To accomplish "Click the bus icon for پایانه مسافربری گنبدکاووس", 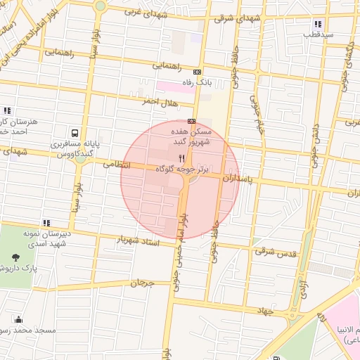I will (x=74, y=132).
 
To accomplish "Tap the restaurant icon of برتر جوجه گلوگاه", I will (x=182, y=158).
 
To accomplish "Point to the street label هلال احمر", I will (x=160, y=103).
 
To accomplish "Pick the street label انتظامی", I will (x=117, y=165).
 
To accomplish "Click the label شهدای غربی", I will (x=143, y=12).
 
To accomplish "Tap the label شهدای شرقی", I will (x=231, y=18).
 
